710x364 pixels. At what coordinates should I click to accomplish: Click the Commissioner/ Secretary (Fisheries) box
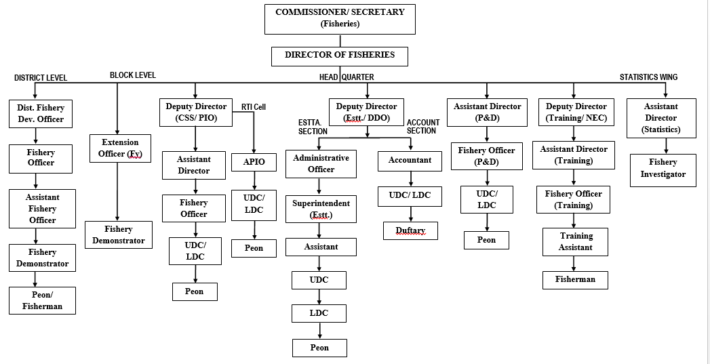(x=340, y=18)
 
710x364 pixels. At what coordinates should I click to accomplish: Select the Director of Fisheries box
(x=340, y=56)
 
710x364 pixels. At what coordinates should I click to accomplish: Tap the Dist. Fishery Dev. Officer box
(x=41, y=114)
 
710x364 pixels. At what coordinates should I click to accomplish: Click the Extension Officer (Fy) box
(x=120, y=148)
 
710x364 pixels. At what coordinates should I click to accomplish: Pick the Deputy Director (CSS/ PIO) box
(x=195, y=113)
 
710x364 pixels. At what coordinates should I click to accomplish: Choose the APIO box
(x=254, y=162)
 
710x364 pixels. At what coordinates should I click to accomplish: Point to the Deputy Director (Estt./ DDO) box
(x=367, y=113)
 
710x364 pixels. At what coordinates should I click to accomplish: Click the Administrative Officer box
(x=321, y=164)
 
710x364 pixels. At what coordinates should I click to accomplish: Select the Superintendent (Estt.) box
(x=321, y=209)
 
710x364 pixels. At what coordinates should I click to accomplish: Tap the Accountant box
(x=410, y=161)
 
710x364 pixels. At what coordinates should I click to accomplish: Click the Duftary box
(x=410, y=231)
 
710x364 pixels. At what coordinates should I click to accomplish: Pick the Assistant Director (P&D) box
(x=487, y=113)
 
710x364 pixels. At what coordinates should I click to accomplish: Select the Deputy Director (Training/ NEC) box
(x=576, y=113)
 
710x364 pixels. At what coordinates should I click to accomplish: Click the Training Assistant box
(x=575, y=242)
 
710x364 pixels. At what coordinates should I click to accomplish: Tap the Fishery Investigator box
(x=663, y=169)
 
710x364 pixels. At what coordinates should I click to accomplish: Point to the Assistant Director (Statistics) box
(x=660, y=118)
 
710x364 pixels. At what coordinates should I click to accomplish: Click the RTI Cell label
(x=254, y=107)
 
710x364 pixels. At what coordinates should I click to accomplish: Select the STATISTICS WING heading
(x=648, y=77)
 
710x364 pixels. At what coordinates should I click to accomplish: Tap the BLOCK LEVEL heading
(x=133, y=75)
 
